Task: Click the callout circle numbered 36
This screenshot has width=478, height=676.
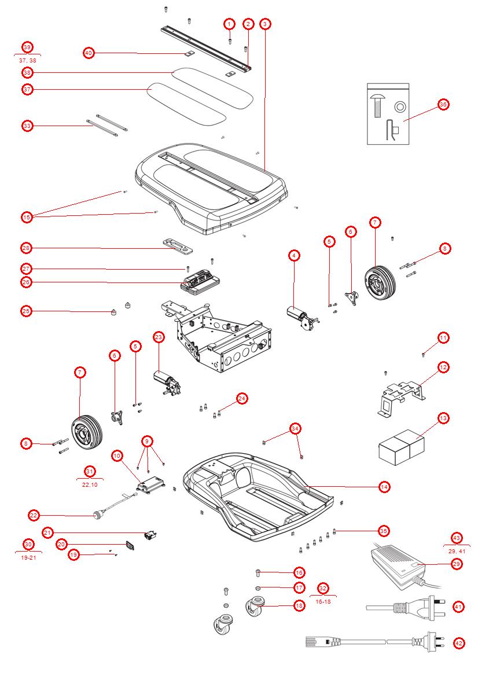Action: pos(443,105)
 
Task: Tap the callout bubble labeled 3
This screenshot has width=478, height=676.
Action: pos(264,24)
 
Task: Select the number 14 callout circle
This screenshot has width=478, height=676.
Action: pos(384,487)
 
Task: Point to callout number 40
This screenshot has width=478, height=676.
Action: pos(89,53)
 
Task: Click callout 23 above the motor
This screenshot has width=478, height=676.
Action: pos(159,337)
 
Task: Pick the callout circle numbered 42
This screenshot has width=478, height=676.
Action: pos(459,643)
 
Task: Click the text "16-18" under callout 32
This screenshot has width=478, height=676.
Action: pos(323,602)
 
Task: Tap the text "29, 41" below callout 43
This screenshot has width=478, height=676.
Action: pos(457,552)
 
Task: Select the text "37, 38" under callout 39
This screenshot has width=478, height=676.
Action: pos(27,60)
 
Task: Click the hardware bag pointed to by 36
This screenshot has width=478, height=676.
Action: pos(388,114)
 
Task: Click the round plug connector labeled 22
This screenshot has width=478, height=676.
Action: pos(98,513)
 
